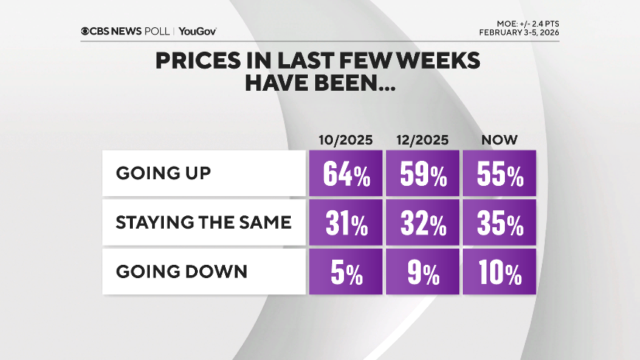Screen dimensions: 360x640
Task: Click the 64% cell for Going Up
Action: pos(345,174)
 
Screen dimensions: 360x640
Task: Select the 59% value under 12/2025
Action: pos(422,174)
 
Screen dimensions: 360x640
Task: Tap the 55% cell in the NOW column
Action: pos(499,174)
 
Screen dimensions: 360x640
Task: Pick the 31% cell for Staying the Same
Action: pos(345,224)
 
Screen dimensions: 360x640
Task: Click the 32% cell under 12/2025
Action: pos(422,224)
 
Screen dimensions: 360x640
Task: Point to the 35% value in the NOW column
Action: pos(499,224)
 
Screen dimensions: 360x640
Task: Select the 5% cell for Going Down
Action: pos(345,272)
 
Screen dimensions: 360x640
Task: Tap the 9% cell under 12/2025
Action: pos(422,272)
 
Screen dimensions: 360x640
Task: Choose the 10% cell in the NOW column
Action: pos(499,272)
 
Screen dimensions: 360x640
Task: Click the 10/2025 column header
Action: pos(345,139)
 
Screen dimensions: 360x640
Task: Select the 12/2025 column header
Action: pos(422,139)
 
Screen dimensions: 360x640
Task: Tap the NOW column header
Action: pos(498,139)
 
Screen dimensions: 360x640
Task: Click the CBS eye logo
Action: pos(86,31)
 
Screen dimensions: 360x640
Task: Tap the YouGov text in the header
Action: pos(197,31)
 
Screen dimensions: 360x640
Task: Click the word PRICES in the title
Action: pos(193,60)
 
